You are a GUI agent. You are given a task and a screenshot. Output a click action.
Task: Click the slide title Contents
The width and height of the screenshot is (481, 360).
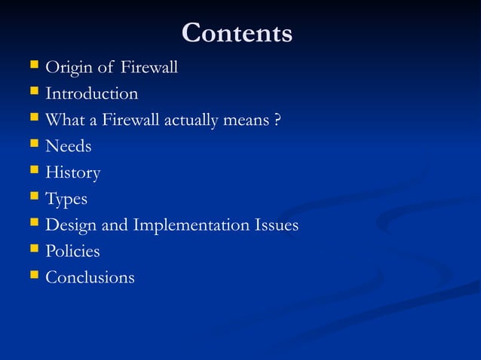pyautogui.click(x=237, y=33)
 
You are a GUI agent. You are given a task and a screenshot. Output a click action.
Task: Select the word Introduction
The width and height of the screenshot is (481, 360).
pyautogui.click(x=92, y=94)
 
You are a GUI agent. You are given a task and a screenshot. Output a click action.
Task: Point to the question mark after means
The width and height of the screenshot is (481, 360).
pyautogui.click(x=279, y=120)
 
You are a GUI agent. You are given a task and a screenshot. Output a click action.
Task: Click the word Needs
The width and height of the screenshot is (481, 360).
pyautogui.click(x=69, y=146)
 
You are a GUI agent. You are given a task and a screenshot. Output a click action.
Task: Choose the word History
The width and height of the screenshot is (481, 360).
pyautogui.click(x=73, y=172)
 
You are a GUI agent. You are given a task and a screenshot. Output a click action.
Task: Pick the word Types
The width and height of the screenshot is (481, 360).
pyautogui.click(x=66, y=200)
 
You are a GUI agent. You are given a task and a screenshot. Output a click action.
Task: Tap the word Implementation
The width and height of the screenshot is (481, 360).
pyautogui.click(x=185, y=225)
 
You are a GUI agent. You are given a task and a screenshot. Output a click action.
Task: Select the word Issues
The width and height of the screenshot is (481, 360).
pyautogui.click(x=276, y=225)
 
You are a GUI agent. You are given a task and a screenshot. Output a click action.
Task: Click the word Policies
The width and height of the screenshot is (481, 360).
pyautogui.click(x=72, y=251)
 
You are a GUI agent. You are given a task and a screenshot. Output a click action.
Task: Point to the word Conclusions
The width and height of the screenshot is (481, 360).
pyautogui.click(x=90, y=277)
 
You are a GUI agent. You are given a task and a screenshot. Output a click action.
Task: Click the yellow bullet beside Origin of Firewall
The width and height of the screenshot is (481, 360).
pyautogui.click(x=32, y=68)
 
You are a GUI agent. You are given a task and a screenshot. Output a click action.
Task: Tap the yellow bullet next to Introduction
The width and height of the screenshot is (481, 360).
pyautogui.click(x=32, y=93)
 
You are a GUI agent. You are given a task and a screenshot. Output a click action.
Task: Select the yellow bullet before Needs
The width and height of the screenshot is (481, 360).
pyautogui.click(x=32, y=145)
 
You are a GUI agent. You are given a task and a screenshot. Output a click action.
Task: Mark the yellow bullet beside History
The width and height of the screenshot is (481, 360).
pyautogui.click(x=32, y=172)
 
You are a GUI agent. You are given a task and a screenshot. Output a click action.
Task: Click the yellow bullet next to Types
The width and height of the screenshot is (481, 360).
pyautogui.click(x=32, y=198)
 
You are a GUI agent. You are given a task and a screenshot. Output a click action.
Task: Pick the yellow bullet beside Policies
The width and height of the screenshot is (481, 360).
pyautogui.click(x=32, y=250)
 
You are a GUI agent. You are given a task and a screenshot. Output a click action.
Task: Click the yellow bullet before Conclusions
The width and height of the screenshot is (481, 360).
pyautogui.click(x=32, y=276)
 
